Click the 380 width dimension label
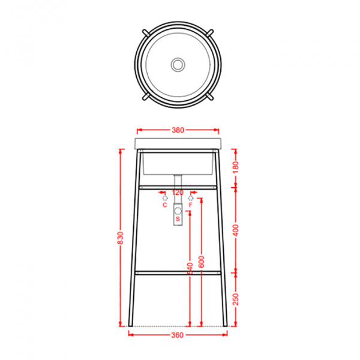point(178,129)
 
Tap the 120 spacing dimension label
point(178,193)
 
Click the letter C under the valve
point(164,205)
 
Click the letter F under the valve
point(191,205)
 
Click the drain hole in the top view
point(178,63)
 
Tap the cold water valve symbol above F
point(191,196)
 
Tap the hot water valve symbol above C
point(164,196)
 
